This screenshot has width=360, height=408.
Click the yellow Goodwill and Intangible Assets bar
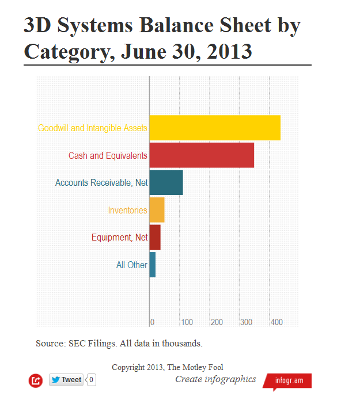point(215,128)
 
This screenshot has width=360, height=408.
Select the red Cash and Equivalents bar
point(202,155)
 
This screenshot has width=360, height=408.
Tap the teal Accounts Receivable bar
point(166,182)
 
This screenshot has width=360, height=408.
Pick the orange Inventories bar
point(157,210)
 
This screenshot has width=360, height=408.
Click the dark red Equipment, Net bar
point(155,237)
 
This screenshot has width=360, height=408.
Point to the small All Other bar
point(153,265)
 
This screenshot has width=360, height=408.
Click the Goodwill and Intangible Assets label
point(92,128)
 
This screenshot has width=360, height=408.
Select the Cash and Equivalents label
point(108,155)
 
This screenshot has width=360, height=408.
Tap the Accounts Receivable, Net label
point(101,183)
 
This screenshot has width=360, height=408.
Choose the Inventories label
point(127,211)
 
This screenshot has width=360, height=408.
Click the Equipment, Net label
point(119,237)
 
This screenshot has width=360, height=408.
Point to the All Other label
point(131,265)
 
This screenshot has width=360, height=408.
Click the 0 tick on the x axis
point(152,322)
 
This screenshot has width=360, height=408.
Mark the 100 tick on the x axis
point(187,322)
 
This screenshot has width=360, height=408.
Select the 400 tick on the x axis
point(276,322)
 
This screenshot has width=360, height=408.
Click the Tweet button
point(66,380)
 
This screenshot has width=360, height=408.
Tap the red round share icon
point(36,380)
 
